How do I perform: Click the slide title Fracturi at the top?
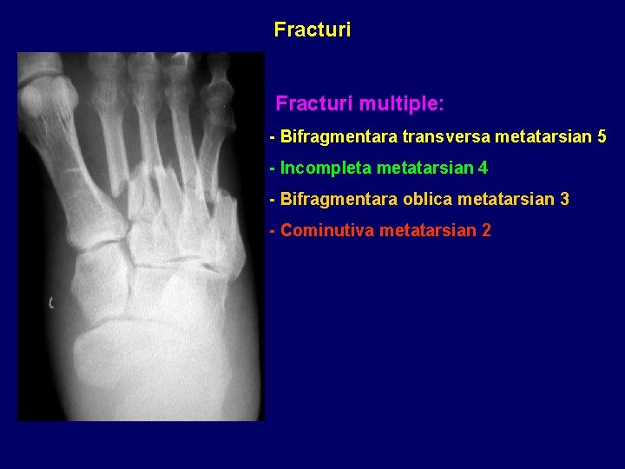point(312,30)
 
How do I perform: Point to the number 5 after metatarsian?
point(602,137)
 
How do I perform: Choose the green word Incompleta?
point(326,168)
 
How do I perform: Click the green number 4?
point(483,168)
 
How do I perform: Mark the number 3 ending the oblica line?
point(565,199)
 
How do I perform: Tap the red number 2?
point(486,230)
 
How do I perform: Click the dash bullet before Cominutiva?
point(273,230)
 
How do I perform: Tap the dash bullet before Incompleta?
point(273,168)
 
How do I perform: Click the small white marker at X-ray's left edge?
point(51,302)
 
